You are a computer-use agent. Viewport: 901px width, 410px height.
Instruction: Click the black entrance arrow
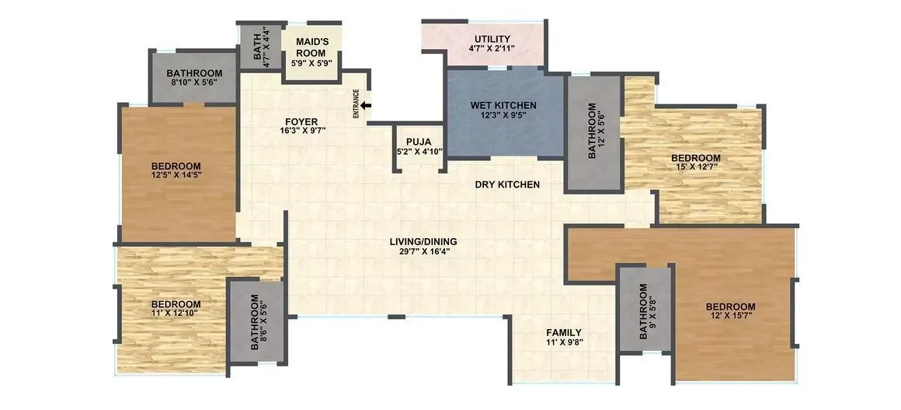(367, 105)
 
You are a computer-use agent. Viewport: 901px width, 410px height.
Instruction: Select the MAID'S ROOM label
(309, 46)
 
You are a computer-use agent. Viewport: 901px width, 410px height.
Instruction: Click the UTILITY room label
(492, 39)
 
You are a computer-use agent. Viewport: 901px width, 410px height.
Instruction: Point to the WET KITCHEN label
(503, 105)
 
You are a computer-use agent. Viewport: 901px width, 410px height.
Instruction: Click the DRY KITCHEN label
(507, 184)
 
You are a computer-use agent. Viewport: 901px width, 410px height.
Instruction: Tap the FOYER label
(300, 121)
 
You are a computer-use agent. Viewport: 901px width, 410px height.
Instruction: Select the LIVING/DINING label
(423, 241)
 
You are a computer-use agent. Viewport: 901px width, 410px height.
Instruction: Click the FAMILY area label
(565, 332)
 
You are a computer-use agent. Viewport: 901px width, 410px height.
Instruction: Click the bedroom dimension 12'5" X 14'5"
(176, 176)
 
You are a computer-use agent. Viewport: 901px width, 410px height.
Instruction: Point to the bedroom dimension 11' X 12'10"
(176, 314)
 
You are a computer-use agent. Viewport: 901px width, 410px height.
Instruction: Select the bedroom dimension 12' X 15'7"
(730, 317)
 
